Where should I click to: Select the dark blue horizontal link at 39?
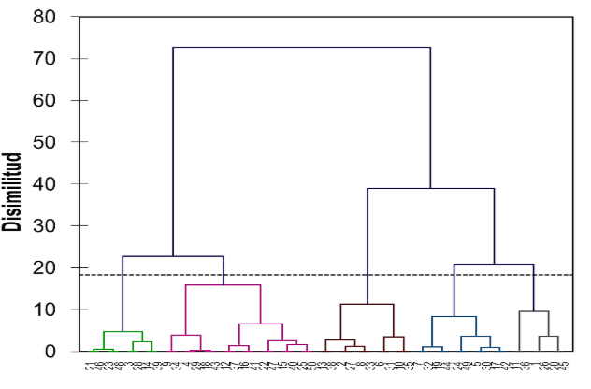[430, 188]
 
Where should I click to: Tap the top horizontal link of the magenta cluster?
[223, 284]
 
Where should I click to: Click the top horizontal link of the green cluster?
[123, 331]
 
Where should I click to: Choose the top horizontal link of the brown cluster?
[367, 304]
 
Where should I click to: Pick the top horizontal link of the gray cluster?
[534, 311]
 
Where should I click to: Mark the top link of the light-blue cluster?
[454, 316]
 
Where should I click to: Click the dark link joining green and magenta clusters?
[173, 256]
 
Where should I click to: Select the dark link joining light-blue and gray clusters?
[494, 265]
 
